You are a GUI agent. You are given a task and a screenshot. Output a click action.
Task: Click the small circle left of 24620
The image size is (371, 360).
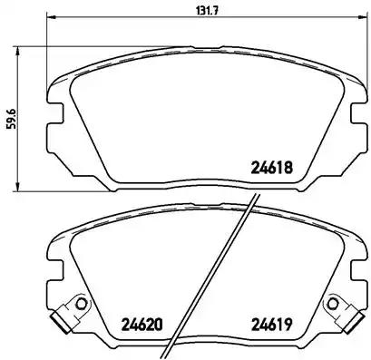[x=80, y=304]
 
